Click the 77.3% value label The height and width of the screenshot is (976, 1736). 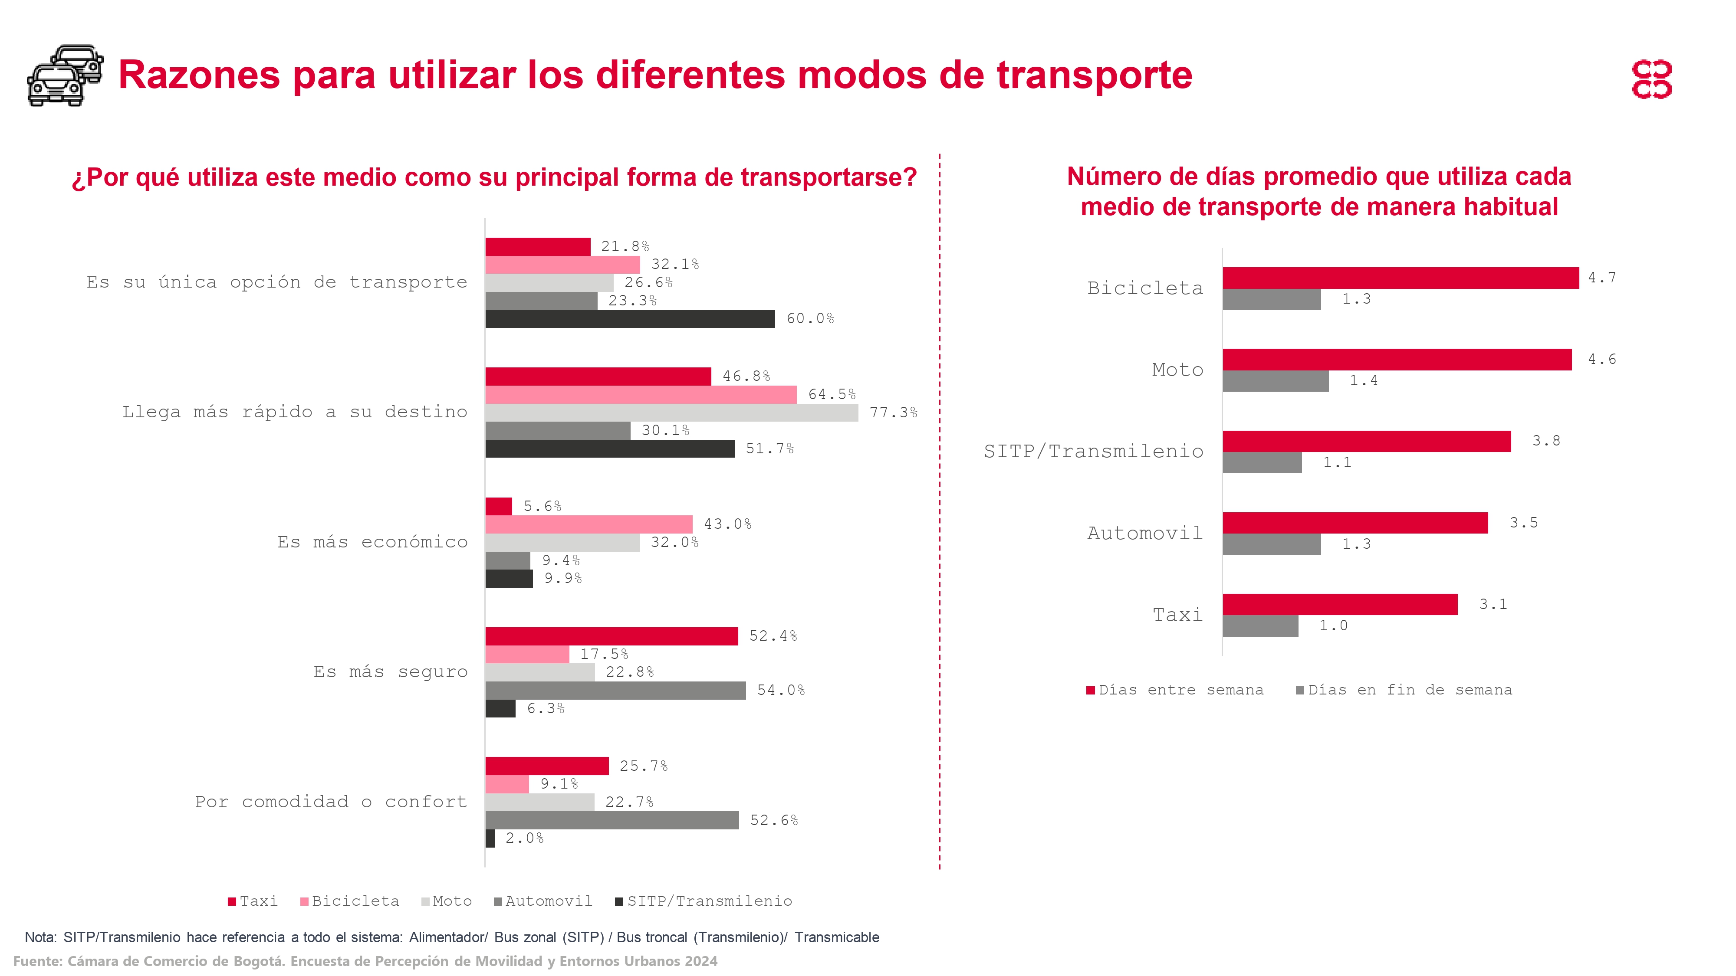(x=893, y=412)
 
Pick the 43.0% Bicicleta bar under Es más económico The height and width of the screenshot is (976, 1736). (x=589, y=524)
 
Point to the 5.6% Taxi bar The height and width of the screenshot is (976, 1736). (x=499, y=506)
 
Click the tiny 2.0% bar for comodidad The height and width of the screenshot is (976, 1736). (x=490, y=838)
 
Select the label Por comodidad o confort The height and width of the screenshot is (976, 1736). (x=330, y=802)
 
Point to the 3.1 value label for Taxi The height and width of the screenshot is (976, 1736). (x=1493, y=604)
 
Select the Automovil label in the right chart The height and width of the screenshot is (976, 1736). (x=1144, y=534)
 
